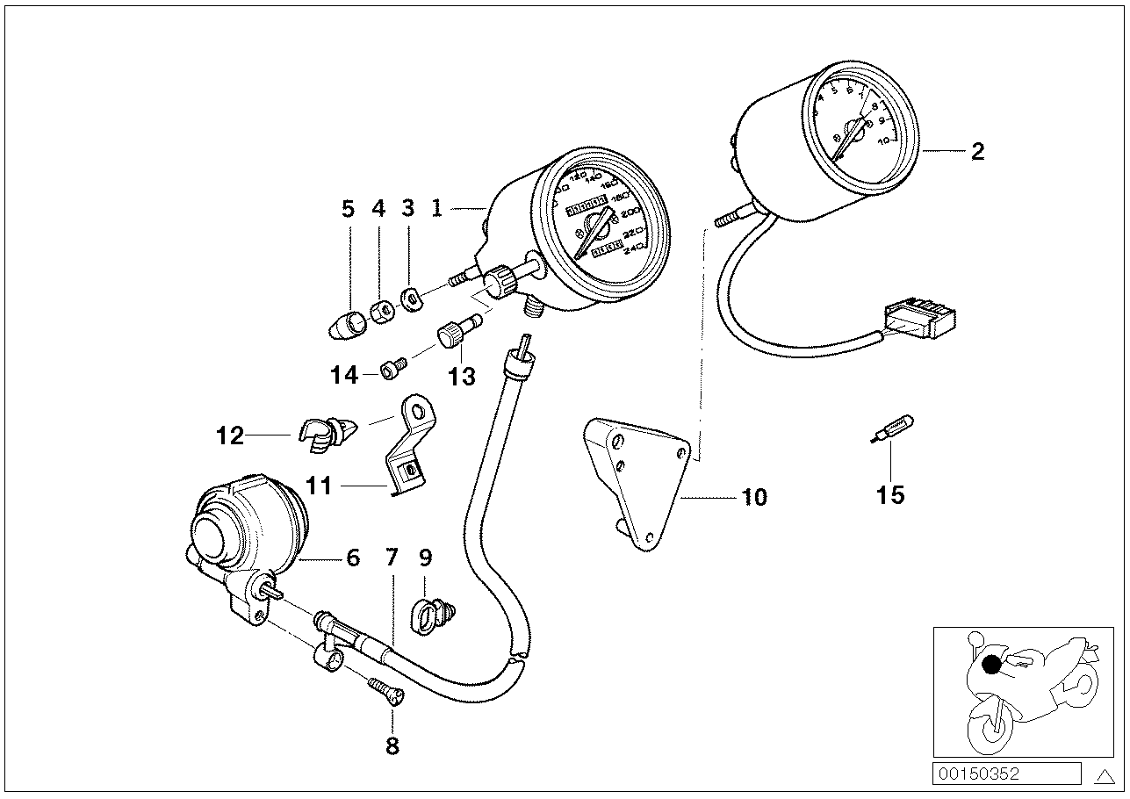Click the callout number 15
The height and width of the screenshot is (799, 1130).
[x=889, y=495]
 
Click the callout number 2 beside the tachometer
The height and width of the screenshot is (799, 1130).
[x=977, y=151]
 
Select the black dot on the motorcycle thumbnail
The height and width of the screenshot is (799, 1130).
[x=991, y=666]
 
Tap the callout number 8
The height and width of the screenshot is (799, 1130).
[x=392, y=746]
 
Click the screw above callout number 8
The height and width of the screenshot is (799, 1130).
[x=386, y=689]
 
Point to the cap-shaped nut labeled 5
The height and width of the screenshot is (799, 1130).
[x=345, y=324]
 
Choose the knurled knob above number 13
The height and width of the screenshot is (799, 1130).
[x=450, y=336]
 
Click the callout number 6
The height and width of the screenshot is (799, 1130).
[x=352, y=558]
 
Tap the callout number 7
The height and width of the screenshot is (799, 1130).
[x=392, y=557]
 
